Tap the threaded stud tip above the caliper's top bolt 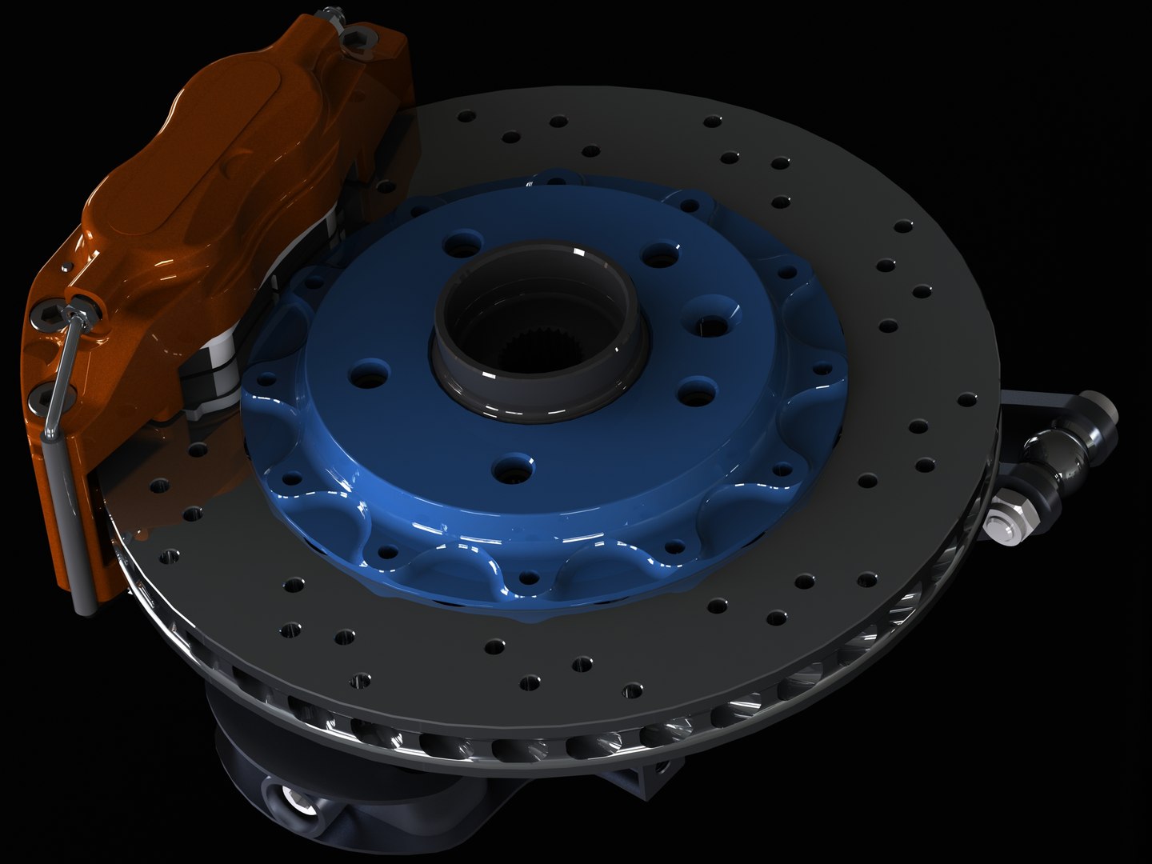tap(327, 14)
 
